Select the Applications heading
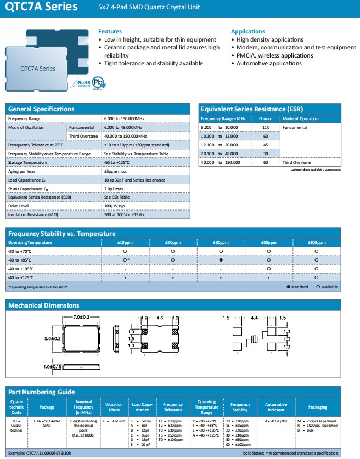tap(248, 32)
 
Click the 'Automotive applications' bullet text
tap(269, 64)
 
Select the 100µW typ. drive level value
tap(116, 206)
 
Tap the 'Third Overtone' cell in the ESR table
tap(296, 162)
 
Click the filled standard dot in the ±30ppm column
tap(221, 260)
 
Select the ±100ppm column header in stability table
tap(316, 242)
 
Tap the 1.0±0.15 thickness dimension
tap(53, 366)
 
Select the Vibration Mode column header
tap(114, 407)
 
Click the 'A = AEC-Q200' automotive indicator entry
tap(276, 420)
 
